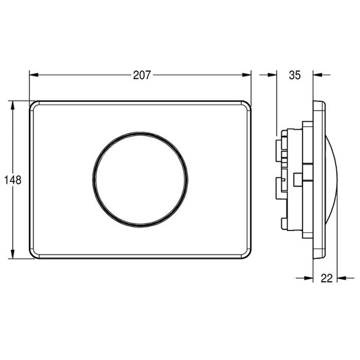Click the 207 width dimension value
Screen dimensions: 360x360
click(142, 75)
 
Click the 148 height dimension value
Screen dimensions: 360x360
click(13, 180)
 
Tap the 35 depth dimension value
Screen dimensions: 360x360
click(294, 75)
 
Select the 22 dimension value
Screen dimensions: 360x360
click(326, 278)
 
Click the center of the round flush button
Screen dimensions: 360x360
click(140, 180)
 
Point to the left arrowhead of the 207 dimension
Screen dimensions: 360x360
click(34, 75)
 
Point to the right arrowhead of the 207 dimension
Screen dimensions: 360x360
click(247, 75)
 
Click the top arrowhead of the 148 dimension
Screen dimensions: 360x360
click(13, 105)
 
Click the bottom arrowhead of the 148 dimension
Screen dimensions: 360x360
click(13, 254)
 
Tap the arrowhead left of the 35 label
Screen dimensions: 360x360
click(272, 74)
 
